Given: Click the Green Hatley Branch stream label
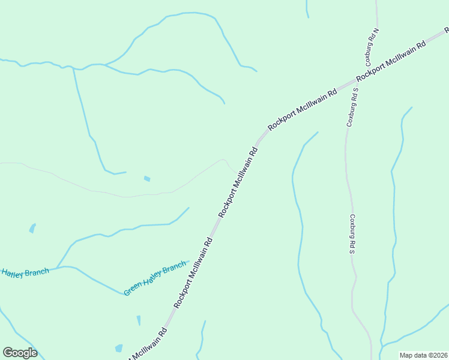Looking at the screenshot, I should tap(155, 278).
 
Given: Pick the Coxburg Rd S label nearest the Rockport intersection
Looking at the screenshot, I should tap(352, 106).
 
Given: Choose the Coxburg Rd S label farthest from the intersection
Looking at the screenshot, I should tap(353, 233).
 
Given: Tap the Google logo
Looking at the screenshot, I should tap(20, 353).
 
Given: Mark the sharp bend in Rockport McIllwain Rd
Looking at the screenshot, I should tap(259, 142).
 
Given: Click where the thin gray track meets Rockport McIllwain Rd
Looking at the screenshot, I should tap(238, 172).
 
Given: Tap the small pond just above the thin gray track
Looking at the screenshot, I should tap(147, 178).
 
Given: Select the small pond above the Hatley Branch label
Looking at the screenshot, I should tap(32, 228).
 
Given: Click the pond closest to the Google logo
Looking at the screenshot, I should tap(119, 348).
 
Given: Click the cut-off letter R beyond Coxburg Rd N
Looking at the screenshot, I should tap(446, 29).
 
